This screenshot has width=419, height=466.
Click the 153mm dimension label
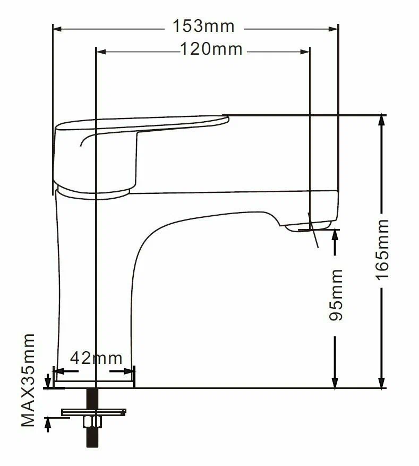pyautogui.click(x=203, y=26)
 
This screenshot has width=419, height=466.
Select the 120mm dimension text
pyautogui.click(x=211, y=50)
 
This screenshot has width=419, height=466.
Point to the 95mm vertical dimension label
pyautogui.click(x=336, y=294)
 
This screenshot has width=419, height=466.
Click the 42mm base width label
pyautogui.click(x=97, y=358)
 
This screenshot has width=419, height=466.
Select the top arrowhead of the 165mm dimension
pyautogui.click(x=381, y=120)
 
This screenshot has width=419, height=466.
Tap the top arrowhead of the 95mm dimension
pyautogui.click(x=335, y=234)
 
